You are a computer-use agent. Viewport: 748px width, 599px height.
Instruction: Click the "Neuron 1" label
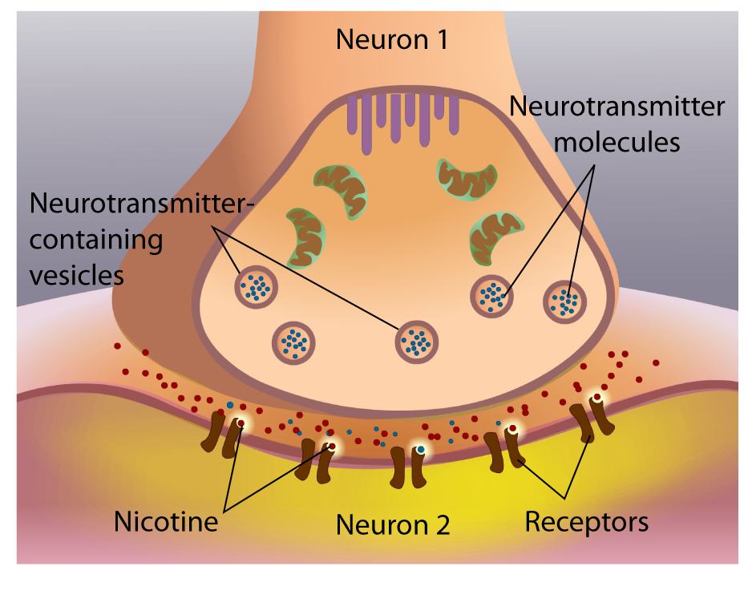(x=392, y=38)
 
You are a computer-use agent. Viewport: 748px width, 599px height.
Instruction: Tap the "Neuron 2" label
(x=392, y=524)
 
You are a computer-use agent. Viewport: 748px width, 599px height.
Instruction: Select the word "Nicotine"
(x=166, y=522)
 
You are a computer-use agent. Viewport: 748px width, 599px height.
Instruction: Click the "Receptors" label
(x=586, y=522)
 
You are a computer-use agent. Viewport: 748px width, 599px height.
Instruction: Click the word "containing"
(x=95, y=239)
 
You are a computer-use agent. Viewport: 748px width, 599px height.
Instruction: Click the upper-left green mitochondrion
(x=340, y=190)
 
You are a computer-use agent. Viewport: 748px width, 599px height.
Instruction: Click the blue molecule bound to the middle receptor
(x=420, y=450)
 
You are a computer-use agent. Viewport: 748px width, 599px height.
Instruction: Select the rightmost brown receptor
(x=590, y=419)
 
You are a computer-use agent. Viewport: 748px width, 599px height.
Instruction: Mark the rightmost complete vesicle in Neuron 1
(x=565, y=302)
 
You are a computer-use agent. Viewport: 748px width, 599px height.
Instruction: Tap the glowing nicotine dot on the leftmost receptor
(x=241, y=423)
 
